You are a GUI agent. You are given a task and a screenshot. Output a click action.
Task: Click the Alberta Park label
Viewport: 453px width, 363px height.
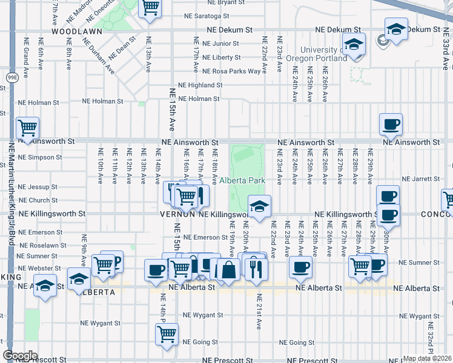click(242, 180)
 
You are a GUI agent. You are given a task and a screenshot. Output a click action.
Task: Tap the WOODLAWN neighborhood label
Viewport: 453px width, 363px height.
click(75, 30)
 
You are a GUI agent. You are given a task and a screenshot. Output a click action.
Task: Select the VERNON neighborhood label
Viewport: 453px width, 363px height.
click(177, 214)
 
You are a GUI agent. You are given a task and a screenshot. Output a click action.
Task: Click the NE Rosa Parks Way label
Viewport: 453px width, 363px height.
click(231, 71)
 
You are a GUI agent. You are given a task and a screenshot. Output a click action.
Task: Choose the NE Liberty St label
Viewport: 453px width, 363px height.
click(221, 57)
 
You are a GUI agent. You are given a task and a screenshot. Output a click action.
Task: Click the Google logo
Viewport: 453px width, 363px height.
click(21, 355)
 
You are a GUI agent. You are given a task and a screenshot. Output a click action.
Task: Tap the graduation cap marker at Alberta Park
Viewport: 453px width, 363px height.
click(259, 206)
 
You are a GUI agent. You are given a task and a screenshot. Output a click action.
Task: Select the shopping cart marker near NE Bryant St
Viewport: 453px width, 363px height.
click(150, 8)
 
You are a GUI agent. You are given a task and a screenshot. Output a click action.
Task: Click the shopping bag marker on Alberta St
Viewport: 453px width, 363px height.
click(229, 269)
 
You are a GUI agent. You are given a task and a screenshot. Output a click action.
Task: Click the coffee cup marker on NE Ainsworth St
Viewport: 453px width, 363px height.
click(391, 124)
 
